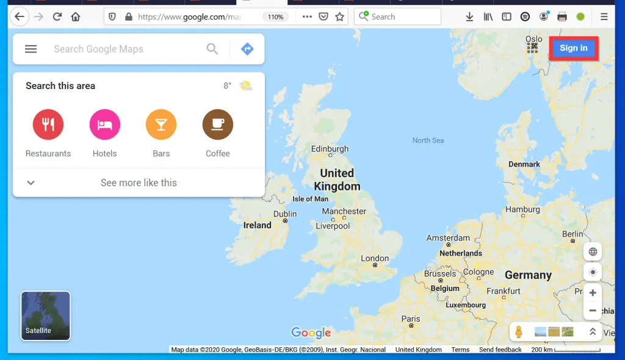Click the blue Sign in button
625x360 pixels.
tap(573, 48)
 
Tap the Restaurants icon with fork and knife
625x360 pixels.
tap(48, 124)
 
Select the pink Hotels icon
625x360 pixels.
tap(104, 124)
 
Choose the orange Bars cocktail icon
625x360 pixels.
tap(161, 124)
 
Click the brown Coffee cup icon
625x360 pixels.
tap(218, 124)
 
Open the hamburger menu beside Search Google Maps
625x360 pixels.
tap(31, 49)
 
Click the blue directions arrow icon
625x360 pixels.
tap(247, 49)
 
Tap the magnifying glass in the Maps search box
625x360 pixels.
tap(212, 49)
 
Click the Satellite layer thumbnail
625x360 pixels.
tap(46, 315)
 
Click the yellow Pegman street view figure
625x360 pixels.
tap(519, 332)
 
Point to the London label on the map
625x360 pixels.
tap(375, 258)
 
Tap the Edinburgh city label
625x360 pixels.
tap(330, 149)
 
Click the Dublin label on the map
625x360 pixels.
tap(285, 214)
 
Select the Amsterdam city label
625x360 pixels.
tap(448, 238)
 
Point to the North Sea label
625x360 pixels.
tap(428, 140)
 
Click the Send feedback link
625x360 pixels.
tap(500, 350)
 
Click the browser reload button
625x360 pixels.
tap(57, 16)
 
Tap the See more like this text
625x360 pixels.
tap(139, 182)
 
